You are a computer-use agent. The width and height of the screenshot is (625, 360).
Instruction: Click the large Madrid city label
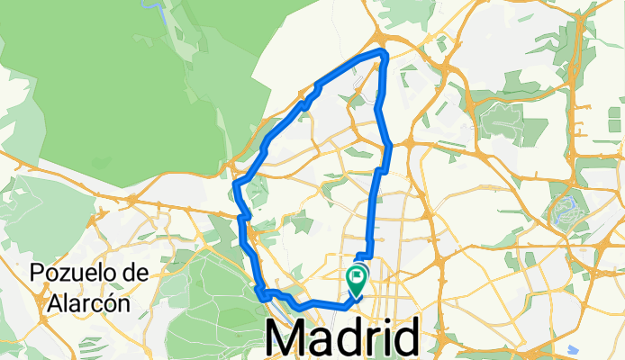click(x=342, y=339)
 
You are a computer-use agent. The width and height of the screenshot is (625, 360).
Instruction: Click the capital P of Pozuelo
click(x=37, y=273)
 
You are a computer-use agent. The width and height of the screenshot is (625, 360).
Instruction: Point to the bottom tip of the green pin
click(x=357, y=296)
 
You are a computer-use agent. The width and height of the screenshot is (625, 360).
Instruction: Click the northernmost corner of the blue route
click(x=385, y=54)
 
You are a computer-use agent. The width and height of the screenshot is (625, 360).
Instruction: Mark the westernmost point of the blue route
click(x=235, y=184)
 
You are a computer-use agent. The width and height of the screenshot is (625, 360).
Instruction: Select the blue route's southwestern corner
click(x=260, y=293)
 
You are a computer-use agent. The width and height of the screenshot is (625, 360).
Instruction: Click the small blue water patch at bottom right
click(x=574, y=349)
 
